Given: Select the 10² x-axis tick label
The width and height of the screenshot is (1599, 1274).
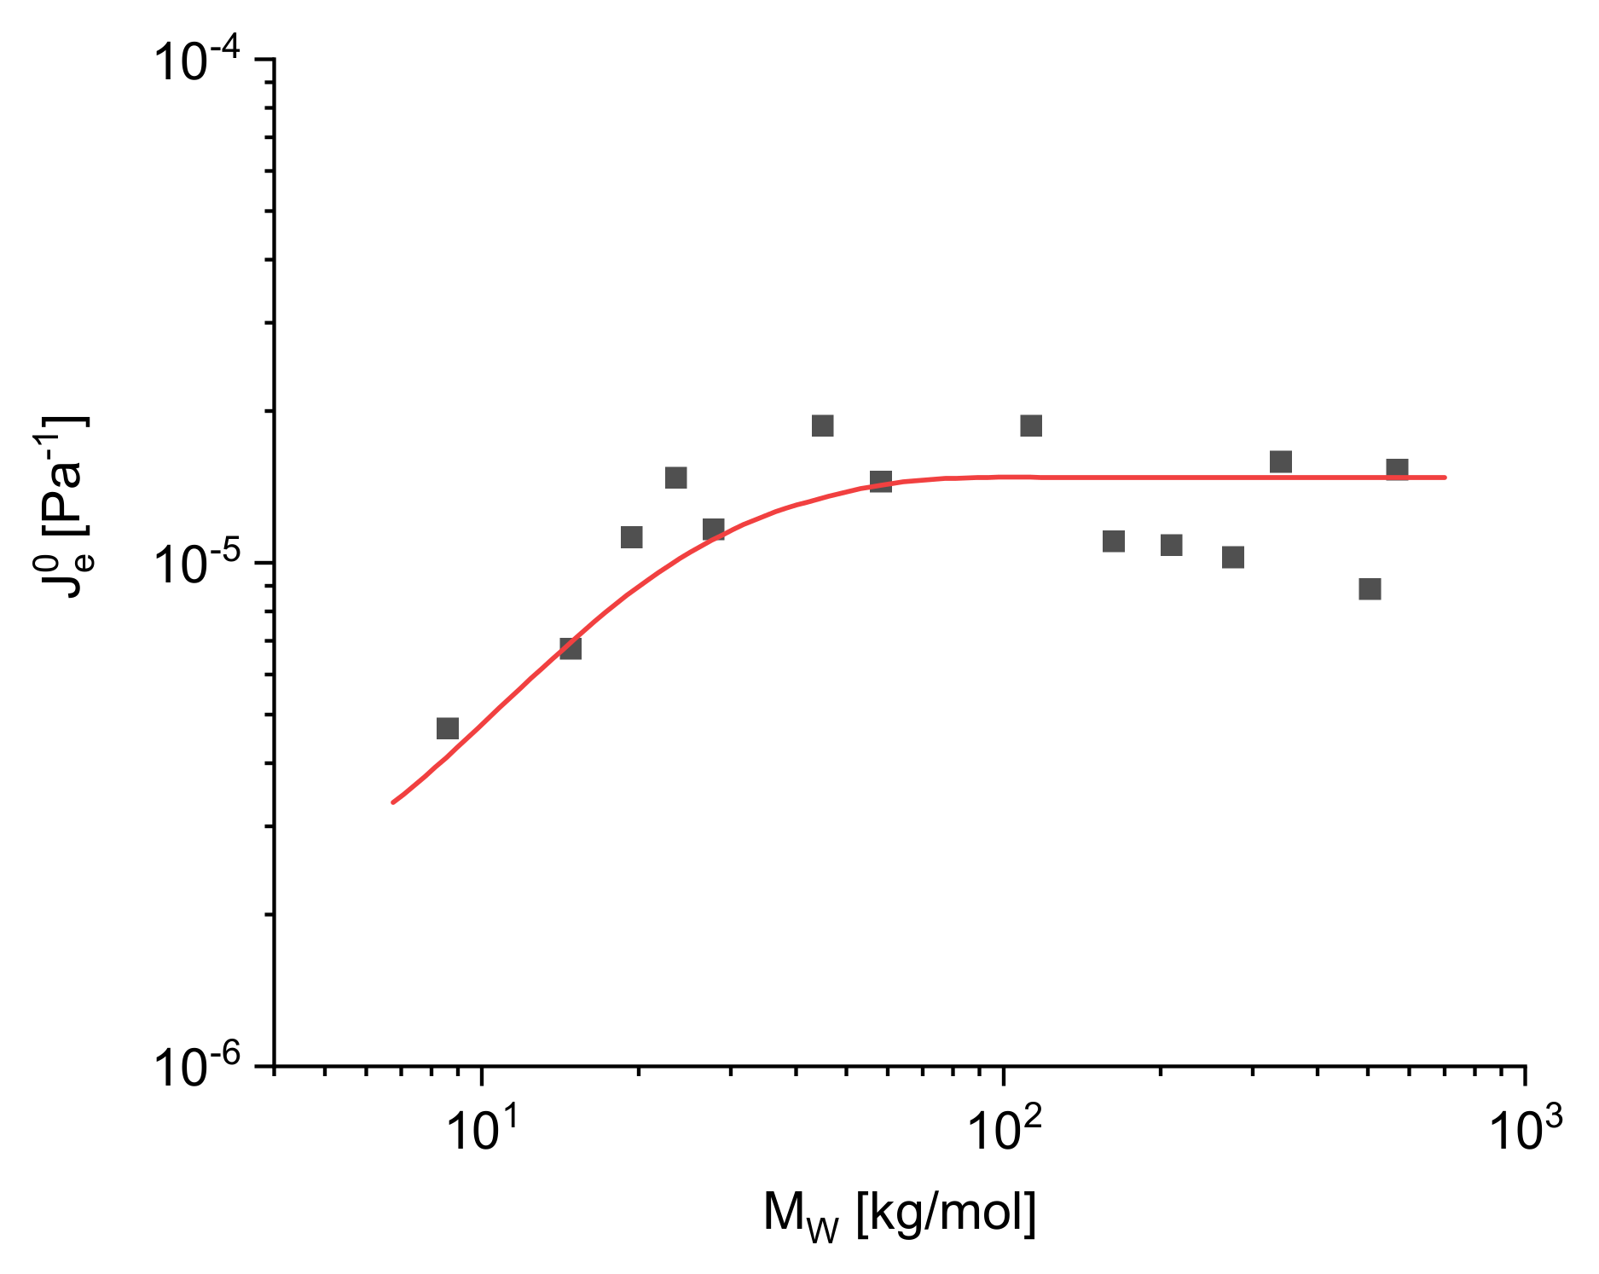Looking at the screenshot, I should pyautogui.click(x=1005, y=1131).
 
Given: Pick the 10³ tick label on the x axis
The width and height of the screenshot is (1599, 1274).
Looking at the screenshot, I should pyautogui.click(x=1526, y=1131).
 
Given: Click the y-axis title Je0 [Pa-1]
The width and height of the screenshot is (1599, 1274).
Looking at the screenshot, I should pyautogui.click(x=64, y=507).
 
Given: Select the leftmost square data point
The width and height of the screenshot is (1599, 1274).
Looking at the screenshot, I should pyautogui.click(x=448, y=728).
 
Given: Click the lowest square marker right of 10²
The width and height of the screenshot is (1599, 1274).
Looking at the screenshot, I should pyautogui.click(x=1370, y=589).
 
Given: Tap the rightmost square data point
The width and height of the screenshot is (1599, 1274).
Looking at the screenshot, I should pyautogui.click(x=1397, y=469).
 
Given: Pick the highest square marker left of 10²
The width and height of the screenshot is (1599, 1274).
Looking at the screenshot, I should pyautogui.click(x=822, y=426).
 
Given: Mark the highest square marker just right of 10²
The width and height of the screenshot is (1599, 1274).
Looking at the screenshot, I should pyautogui.click(x=1031, y=426).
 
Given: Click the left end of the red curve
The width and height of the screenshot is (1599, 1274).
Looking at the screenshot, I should pyautogui.click(x=393, y=802).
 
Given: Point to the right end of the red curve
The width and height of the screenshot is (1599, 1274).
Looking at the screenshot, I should pyautogui.click(x=1445, y=478).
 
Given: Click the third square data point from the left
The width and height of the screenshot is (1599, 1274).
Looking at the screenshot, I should pyautogui.click(x=631, y=537).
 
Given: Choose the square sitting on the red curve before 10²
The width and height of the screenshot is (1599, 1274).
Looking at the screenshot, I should pyautogui.click(x=881, y=482).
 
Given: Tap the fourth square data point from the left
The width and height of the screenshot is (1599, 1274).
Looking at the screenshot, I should pyautogui.click(x=675, y=478).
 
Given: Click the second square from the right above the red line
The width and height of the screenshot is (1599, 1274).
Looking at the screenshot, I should pyautogui.click(x=1280, y=462).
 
